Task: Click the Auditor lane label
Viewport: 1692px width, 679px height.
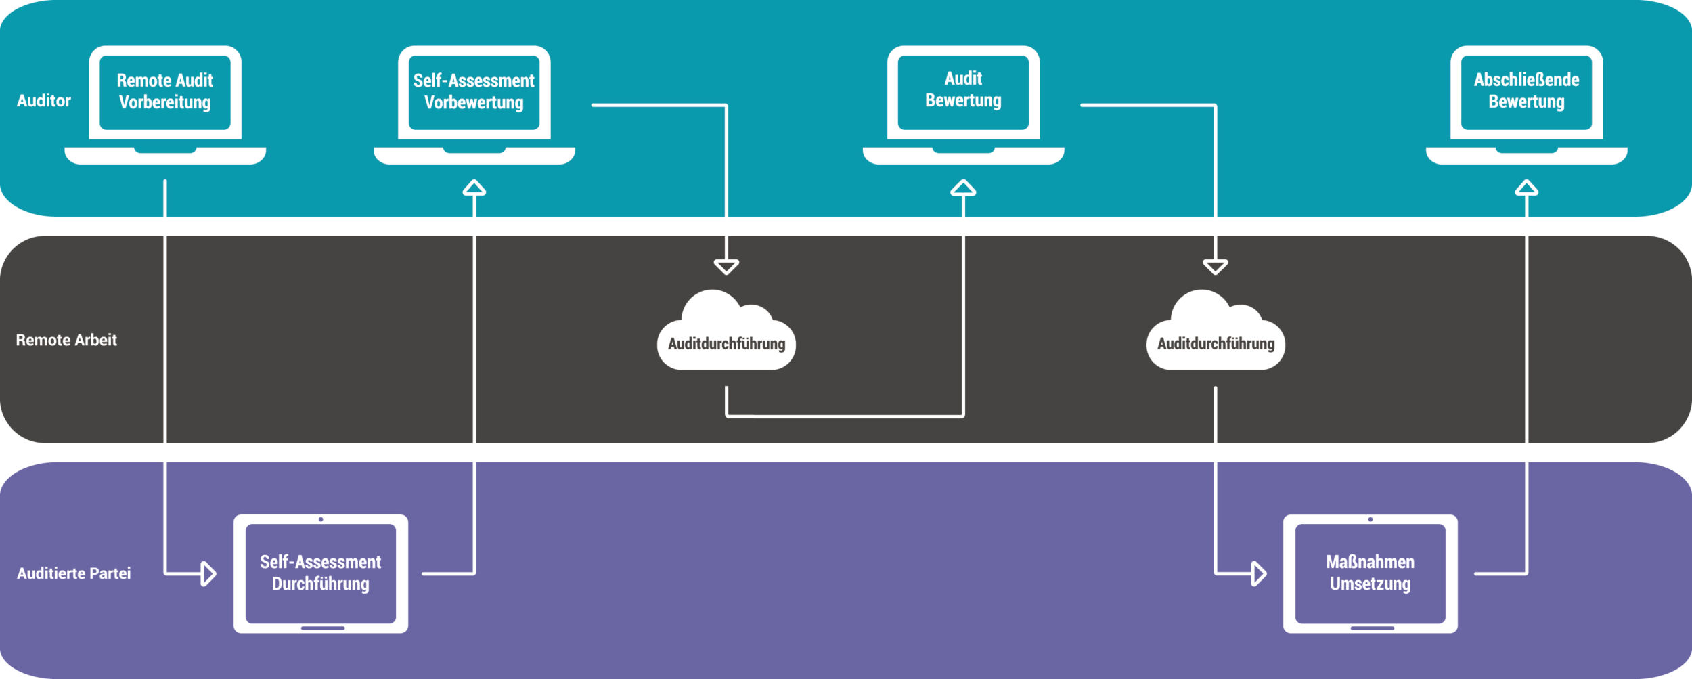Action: pos(44,101)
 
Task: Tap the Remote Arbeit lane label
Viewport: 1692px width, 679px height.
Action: pos(66,340)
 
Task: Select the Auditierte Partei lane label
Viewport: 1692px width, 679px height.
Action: pos(74,573)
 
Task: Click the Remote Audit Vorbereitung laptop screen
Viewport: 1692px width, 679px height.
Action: pos(165,92)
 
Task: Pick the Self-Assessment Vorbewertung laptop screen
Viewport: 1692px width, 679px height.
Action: pos(474,92)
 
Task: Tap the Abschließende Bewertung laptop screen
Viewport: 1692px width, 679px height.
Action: pos(1526,91)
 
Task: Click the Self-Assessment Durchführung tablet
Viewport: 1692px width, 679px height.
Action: pos(321,573)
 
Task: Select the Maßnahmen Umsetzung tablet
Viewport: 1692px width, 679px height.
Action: pos(1370,573)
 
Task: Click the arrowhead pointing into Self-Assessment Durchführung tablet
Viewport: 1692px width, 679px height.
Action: pos(208,573)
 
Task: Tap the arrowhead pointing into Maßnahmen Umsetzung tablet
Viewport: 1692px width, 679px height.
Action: pos(1258,573)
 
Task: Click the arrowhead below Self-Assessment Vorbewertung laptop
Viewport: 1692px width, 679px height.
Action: pos(474,188)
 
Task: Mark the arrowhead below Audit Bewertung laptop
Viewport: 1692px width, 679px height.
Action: pos(963,188)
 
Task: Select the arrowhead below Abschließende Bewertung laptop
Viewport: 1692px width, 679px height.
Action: pos(1526,188)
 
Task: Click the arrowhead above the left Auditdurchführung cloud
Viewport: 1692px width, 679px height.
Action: pos(726,267)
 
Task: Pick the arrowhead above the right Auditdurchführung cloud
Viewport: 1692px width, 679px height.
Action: pos(1216,267)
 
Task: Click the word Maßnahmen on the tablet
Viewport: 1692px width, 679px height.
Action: pos(1370,562)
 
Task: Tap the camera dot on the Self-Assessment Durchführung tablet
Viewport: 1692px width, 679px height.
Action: pos(321,519)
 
